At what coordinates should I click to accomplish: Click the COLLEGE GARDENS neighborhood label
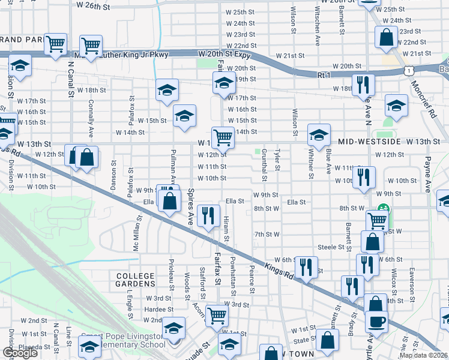pos(135,279)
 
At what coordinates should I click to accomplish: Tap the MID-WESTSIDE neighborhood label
pos(369,142)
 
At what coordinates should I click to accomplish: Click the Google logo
pos(20,353)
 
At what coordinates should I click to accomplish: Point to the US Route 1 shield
pos(409,71)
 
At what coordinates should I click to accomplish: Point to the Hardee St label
pos(158,310)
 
